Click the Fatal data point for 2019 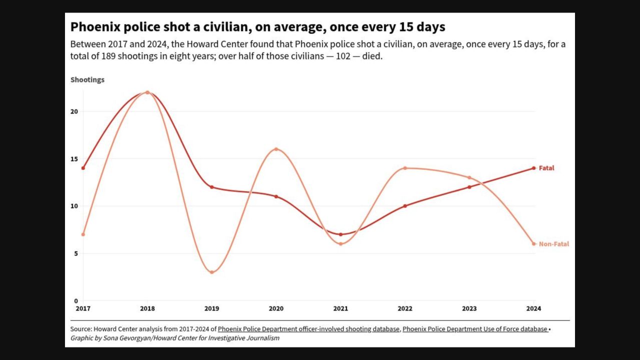pyautogui.click(x=211, y=187)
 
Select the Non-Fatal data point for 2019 pyautogui.click(x=211, y=272)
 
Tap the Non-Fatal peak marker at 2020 pyautogui.click(x=276, y=149)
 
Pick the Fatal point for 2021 pyautogui.click(x=340, y=234)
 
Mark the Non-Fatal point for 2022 pyautogui.click(x=405, y=168)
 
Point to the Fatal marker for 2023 pyautogui.click(x=469, y=187)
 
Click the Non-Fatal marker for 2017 pyautogui.click(x=83, y=234)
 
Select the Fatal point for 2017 pyautogui.click(x=83, y=168)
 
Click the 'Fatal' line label pyautogui.click(x=546, y=168)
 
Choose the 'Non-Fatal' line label pyautogui.click(x=554, y=244)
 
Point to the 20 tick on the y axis pyautogui.click(x=74, y=111)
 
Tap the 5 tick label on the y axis pyautogui.click(x=75, y=253)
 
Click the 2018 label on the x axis pyautogui.click(x=147, y=308)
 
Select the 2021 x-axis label pyautogui.click(x=340, y=308)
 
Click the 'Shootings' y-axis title pyautogui.click(x=87, y=79)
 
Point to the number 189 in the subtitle pyautogui.click(x=108, y=56)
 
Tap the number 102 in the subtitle pyautogui.click(x=343, y=56)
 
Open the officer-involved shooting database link pyautogui.click(x=308, y=329)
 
